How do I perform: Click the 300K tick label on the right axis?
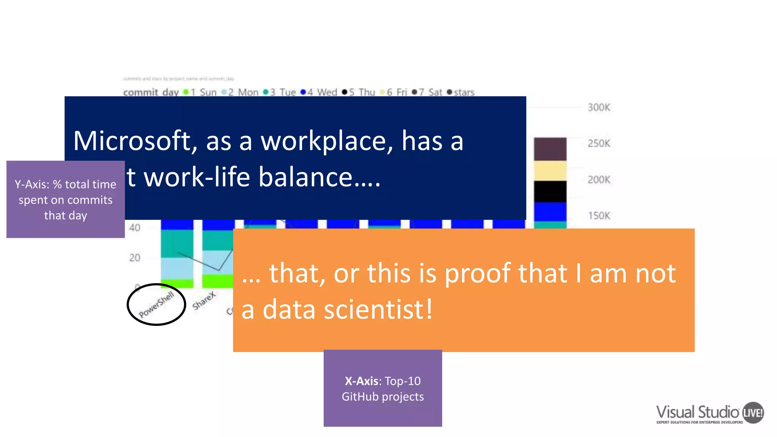599,107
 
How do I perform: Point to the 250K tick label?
599,143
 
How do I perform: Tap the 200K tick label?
599,179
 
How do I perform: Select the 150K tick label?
599,215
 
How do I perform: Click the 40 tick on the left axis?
134,228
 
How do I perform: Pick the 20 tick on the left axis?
134,258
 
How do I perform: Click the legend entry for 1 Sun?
200,92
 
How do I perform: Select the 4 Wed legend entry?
319,92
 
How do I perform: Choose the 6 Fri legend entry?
393,92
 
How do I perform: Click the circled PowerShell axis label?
156,305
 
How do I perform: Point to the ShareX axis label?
204,301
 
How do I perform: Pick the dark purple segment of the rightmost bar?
550,149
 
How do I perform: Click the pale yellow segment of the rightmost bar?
550,171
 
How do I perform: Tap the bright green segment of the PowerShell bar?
177,283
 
